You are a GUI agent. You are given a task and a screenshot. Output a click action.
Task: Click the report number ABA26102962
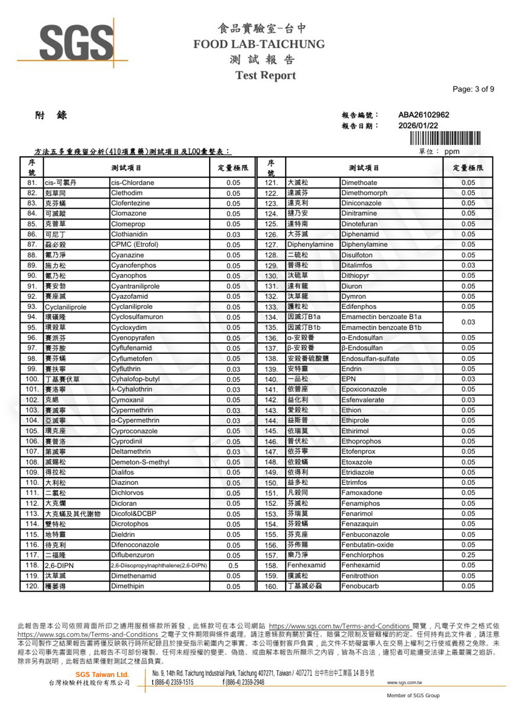pyautogui.click(x=424, y=115)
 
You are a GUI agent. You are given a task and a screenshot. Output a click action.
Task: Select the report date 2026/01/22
pyautogui.click(x=418, y=125)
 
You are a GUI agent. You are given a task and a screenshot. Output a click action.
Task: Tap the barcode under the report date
pyautogui.click(x=445, y=139)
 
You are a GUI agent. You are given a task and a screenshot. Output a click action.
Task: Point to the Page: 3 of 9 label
pyautogui.click(x=473, y=89)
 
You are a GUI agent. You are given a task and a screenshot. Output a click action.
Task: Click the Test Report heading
pyautogui.click(x=265, y=76)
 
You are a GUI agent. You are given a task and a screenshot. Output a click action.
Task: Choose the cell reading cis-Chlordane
pyautogui.click(x=133, y=183)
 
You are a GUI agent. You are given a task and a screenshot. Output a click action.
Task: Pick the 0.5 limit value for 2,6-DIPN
pyautogui.click(x=233, y=566)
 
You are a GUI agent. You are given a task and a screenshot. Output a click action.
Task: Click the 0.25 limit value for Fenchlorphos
pyautogui.click(x=468, y=555)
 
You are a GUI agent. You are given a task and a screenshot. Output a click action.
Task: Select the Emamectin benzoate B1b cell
pyautogui.click(x=381, y=327)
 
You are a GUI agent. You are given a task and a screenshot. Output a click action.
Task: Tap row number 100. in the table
pyautogui.click(x=32, y=379)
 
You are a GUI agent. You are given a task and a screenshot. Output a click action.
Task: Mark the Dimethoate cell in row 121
pyautogui.click(x=359, y=183)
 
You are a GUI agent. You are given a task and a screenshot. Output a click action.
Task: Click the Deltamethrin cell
pyautogui.click(x=131, y=451)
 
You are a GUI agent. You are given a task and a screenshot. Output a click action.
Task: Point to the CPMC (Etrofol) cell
pyautogui.click(x=135, y=244)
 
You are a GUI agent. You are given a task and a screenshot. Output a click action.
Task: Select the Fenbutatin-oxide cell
pyautogui.click(x=367, y=544)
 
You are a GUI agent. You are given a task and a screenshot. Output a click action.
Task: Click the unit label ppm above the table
pyautogui.click(x=452, y=152)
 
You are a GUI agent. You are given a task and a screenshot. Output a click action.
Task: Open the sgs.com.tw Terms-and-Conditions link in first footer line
pyautogui.click(x=339, y=626)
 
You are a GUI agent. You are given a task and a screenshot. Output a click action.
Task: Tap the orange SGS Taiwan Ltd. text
pyautogui.click(x=102, y=675)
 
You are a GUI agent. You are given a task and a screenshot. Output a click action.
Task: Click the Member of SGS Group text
pyautogui.click(x=413, y=696)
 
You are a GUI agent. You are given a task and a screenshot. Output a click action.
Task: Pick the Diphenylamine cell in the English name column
pyautogui.click(x=364, y=244)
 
